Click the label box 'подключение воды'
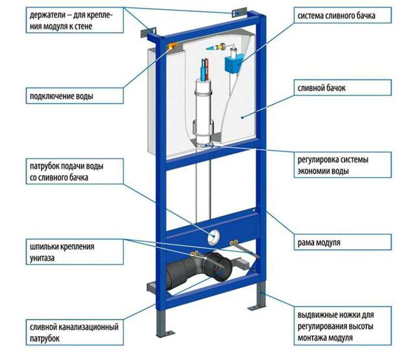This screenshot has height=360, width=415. click(x=75, y=96)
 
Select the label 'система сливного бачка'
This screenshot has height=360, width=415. click(x=342, y=16)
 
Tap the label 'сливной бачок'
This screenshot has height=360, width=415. click(x=342, y=88)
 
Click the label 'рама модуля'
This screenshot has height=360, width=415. click(x=342, y=242)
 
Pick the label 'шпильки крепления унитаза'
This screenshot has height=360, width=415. click(x=75, y=252)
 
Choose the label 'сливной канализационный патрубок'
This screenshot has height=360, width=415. click(x=75, y=333)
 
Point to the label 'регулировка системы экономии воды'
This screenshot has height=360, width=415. click(x=342, y=165)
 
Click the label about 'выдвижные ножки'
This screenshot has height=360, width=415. click(x=342, y=326)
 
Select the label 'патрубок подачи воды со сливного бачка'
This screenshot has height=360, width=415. click(x=75, y=171)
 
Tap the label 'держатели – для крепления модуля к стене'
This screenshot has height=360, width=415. click(x=75, y=20)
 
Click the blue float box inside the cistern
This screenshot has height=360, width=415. click(x=234, y=63)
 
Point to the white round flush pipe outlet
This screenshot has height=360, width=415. click(x=213, y=236)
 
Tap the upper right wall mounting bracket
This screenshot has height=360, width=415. click(x=239, y=13)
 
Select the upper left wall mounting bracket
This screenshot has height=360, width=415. click(x=148, y=32)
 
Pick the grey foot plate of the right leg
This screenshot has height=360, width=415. click(x=256, y=307)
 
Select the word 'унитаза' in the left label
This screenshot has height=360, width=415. click(x=42, y=258)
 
